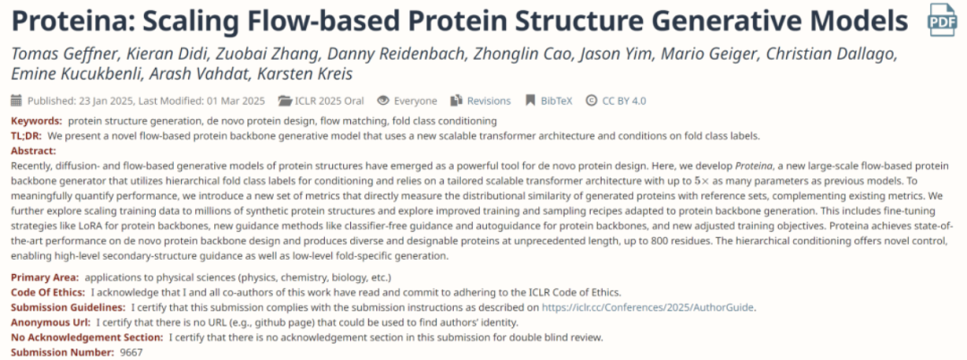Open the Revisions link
click(489, 100)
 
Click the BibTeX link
click(557, 100)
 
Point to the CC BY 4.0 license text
click(624, 100)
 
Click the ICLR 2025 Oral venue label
click(329, 100)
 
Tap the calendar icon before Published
click(17, 100)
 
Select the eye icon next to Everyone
click(383, 100)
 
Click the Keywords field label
click(37, 121)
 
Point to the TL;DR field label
click(27, 135)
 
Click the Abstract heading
click(34, 150)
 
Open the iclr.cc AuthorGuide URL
click(648, 307)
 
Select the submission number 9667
click(131, 353)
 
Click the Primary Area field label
click(45, 278)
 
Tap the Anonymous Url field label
click(50, 322)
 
